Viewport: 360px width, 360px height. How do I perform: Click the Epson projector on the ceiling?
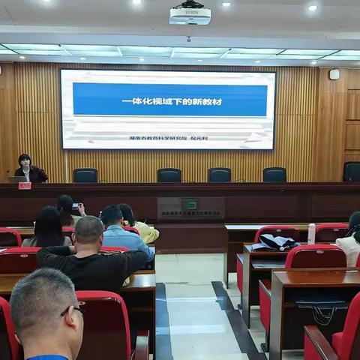click(190, 14)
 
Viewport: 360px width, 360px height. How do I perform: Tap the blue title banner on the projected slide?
click(170, 100)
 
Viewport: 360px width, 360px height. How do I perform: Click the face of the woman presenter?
click(25, 161)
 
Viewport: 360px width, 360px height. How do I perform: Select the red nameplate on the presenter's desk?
click(25, 185)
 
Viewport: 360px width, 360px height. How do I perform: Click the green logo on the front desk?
click(190, 204)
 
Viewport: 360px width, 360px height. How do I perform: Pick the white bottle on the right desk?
click(311, 233)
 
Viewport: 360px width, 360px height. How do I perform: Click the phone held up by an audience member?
click(76, 205)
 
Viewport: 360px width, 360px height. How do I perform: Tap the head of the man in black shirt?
click(88, 230)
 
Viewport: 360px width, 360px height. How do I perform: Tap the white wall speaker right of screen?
click(334, 74)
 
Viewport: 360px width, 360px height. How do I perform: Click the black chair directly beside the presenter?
click(85, 175)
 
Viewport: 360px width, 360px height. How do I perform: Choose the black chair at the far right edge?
click(352, 172)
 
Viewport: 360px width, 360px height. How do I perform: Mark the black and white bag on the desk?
click(275, 242)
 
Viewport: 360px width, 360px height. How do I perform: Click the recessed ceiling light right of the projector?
click(312, 7)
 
